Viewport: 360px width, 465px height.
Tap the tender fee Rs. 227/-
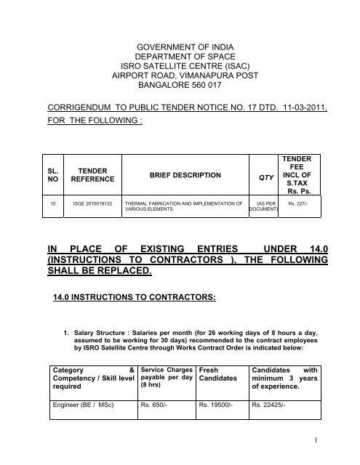301,206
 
